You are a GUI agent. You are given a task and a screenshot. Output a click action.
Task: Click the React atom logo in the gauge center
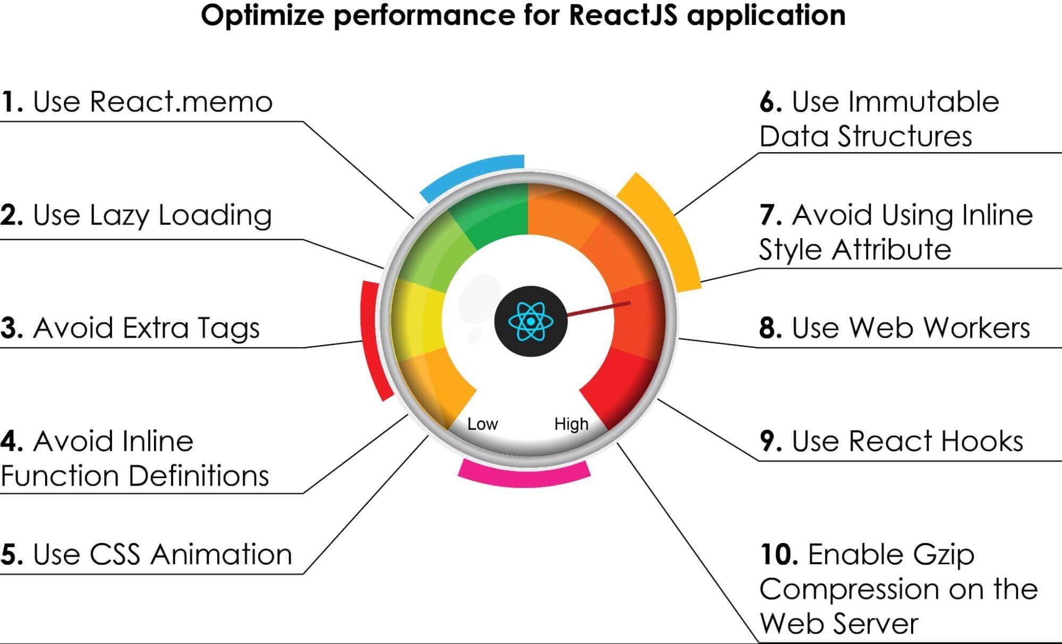point(531,321)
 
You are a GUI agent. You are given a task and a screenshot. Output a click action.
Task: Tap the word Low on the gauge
point(482,424)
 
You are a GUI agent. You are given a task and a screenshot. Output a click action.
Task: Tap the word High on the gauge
point(571,424)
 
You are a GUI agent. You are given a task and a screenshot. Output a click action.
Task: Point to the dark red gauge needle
point(598,309)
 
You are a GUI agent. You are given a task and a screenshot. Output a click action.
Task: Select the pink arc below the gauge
point(523,476)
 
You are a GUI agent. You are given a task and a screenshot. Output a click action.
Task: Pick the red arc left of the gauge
point(372,340)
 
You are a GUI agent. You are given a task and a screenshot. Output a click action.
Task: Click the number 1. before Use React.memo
point(12,102)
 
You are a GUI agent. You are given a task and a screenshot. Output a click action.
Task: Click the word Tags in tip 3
point(228,328)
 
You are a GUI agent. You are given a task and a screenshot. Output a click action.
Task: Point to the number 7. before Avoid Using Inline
point(770,215)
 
